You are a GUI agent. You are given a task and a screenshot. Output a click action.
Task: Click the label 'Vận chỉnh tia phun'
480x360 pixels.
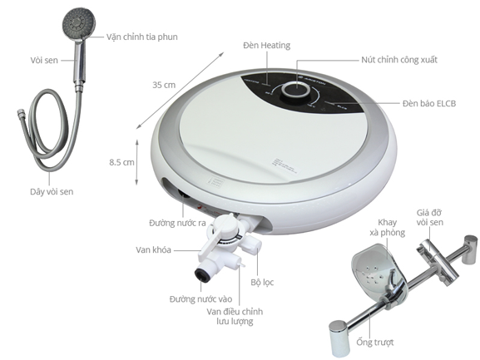(x=141, y=37)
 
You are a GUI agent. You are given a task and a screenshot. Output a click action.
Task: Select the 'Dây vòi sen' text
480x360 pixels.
(x=47, y=192)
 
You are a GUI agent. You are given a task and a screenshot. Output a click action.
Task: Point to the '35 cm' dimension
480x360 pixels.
(x=163, y=85)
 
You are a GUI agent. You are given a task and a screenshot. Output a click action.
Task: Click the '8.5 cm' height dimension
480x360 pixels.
(x=121, y=163)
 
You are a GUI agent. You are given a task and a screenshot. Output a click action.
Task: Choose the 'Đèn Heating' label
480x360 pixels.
(x=266, y=45)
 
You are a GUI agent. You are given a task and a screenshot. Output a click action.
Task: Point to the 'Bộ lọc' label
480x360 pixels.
(x=263, y=282)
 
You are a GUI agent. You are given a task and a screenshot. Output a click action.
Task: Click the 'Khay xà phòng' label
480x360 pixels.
(x=393, y=228)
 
